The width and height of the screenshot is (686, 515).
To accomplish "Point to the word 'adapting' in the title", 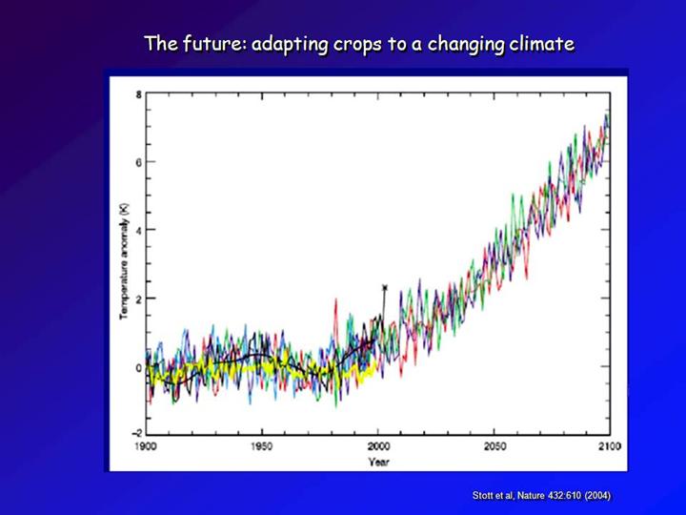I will (x=290, y=44).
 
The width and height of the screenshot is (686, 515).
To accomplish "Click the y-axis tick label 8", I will (x=138, y=94).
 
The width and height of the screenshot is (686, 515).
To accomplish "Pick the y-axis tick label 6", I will (x=138, y=162).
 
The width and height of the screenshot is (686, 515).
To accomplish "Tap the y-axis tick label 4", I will (x=138, y=230).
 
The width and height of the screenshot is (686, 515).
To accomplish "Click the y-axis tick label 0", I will (x=138, y=366).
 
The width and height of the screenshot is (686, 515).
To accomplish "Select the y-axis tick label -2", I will (x=135, y=434).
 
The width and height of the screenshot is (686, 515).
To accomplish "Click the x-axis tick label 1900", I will (x=146, y=445).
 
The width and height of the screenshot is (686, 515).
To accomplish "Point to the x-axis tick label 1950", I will (x=261, y=445).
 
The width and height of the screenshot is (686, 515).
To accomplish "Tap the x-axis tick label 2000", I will (x=378, y=445).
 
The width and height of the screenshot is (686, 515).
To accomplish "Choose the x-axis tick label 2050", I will (x=494, y=445).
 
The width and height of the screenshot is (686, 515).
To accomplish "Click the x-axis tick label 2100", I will (x=609, y=445).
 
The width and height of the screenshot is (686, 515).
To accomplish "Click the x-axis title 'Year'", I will (x=377, y=462).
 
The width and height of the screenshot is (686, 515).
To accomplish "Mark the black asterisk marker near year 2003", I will (x=384, y=287).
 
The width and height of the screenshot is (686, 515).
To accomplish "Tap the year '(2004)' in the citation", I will (x=596, y=496).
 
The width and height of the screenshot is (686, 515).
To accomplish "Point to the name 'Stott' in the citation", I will (x=485, y=496).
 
